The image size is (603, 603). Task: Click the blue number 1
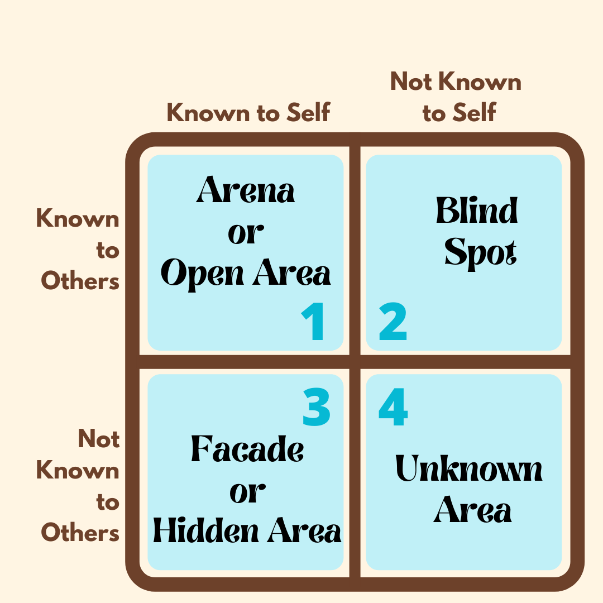pyautogui.click(x=313, y=323)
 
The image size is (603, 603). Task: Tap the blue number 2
pyautogui.click(x=393, y=323)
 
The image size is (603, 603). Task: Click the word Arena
pyautogui.click(x=246, y=192)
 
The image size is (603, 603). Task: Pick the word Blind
pyautogui.click(x=477, y=212)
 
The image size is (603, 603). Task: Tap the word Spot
pyautogui.click(x=480, y=254)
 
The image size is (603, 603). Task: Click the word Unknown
pyautogui.click(x=469, y=470)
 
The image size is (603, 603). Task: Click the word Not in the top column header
pyautogui.click(x=411, y=82)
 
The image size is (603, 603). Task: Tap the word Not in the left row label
pyautogui.click(x=99, y=439)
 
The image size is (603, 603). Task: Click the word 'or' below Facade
pyautogui.click(x=247, y=491)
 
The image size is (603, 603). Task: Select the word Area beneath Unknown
pyautogui.click(x=473, y=511)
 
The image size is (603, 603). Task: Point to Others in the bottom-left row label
pyautogui.click(x=80, y=533)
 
